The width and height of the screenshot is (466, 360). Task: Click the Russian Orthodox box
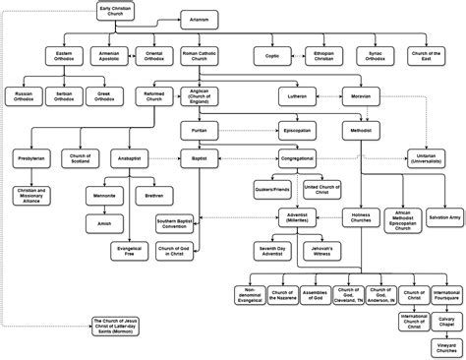click(23, 96)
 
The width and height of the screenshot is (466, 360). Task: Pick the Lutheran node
click(299, 97)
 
